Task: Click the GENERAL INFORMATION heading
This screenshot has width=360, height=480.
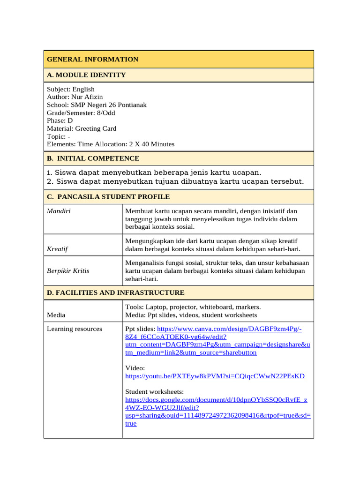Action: click(92, 60)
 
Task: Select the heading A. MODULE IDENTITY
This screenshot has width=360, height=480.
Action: click(86, 75)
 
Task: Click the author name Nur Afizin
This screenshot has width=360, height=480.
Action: click(87, 97)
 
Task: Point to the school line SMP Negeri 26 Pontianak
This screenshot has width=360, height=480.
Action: click(97, 105)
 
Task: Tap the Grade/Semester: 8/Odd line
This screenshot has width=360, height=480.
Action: click(81, 113)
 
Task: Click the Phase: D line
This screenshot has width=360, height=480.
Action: click(60, 120)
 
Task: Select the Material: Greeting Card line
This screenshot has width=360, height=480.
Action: click(82, 128)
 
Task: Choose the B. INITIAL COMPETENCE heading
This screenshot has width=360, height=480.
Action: click(93, 158)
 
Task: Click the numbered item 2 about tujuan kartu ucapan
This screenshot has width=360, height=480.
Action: click(175, 181)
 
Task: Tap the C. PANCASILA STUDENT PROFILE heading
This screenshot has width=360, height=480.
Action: click(108, 197)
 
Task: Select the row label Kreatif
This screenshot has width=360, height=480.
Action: click(57, 249)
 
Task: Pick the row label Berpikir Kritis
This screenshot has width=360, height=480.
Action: click(68, 271)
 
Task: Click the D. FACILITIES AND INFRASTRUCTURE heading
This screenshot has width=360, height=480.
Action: click(115, 292)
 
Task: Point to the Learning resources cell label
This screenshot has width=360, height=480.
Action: click(74, 329)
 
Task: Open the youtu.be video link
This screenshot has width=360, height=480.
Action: click(215, 376)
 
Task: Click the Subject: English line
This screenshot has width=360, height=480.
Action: click(71, 89)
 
